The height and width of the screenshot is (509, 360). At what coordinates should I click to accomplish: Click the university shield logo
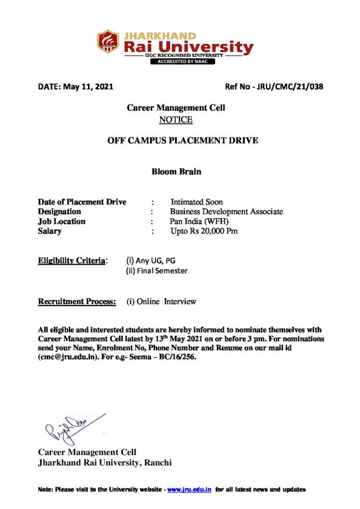coord(108,42)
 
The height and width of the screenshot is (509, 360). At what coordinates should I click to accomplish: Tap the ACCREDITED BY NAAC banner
coord(182,62)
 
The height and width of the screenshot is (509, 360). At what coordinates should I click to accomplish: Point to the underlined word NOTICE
coord(176,120)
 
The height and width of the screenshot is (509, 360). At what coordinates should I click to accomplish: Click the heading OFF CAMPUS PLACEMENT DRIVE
coord(182,140)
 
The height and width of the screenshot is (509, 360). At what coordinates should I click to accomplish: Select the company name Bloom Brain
coord(176,172)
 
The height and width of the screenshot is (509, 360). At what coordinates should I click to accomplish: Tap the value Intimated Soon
coord(197,202)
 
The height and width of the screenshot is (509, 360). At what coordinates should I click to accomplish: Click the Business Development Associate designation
coord(227,212)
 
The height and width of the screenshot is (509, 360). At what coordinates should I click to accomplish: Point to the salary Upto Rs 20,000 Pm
coord(204,231)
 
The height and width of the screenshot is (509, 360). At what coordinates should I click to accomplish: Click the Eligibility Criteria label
coord(72,261)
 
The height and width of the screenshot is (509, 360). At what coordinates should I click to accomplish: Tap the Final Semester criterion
coord(157,271)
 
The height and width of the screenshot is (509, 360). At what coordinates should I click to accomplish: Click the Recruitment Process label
coord(77,302)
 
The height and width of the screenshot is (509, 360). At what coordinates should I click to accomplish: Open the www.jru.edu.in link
coord(189,490)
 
